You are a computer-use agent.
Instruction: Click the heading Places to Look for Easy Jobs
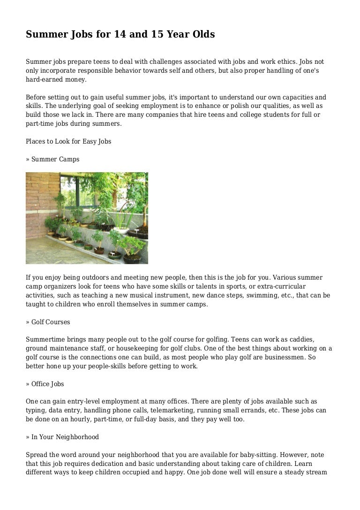point(68,141)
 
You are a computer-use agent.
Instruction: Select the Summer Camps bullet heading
point(52,159)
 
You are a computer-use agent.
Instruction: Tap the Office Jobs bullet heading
point(45,384)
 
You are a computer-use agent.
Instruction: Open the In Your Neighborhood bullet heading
point(62,437)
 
